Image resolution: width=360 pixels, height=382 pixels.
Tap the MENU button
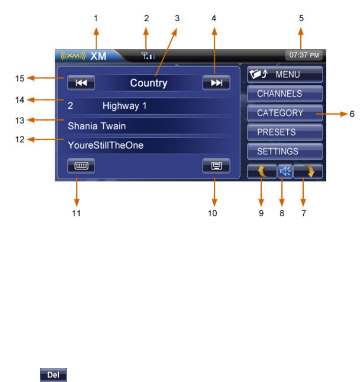[285, 74]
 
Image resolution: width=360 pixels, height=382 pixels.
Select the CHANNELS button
[285, 93]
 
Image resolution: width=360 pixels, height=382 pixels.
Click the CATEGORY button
[285, 113]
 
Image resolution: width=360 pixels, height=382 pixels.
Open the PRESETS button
[285, 132]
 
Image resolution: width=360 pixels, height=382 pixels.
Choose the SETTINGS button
[285, 151]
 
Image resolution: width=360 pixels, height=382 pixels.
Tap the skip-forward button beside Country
[216, 83]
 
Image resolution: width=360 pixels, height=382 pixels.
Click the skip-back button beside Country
[81, 83]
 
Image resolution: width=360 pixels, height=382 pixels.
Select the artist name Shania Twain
[96, 126]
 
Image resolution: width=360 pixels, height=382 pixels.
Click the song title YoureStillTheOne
[106, 146]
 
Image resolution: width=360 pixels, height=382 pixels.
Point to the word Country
[148, 83]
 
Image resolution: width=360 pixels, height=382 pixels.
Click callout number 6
[352, 114]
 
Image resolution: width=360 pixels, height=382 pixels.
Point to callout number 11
[77, 213]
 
